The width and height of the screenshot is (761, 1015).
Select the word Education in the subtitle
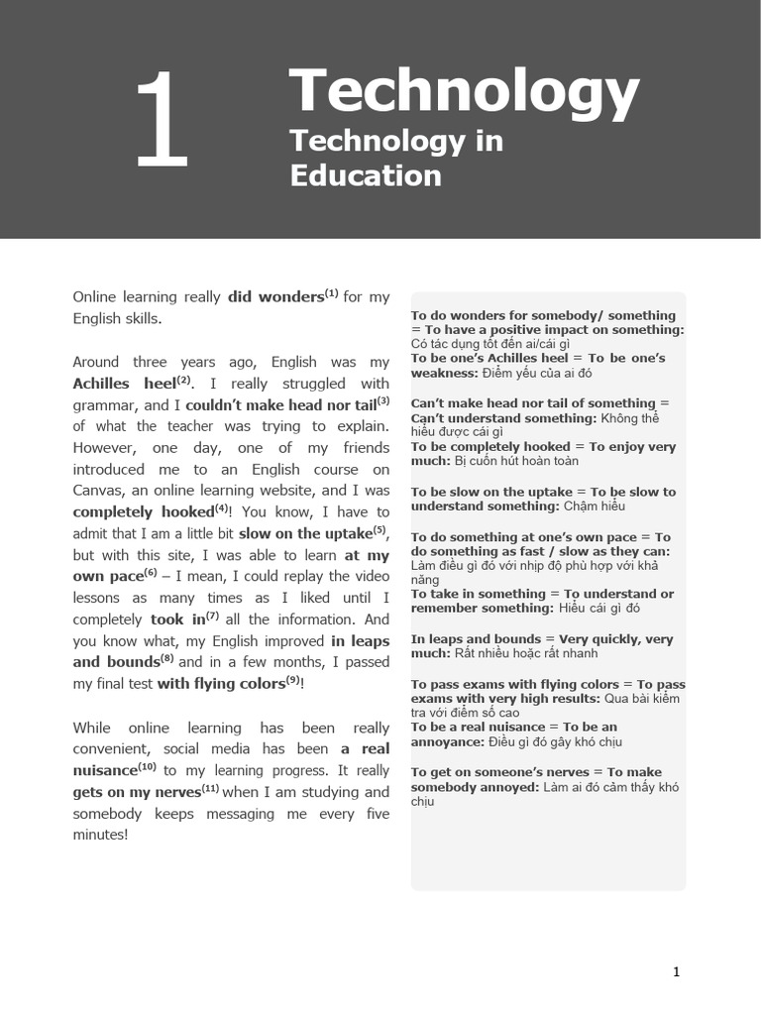click(365, 175)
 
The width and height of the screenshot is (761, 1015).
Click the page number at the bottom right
click(676, 972)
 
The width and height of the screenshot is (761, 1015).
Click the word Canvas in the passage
click(100, 491)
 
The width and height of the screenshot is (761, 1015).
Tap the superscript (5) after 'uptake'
click(380, 528)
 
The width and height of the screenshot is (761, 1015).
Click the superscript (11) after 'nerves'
click(210, 788)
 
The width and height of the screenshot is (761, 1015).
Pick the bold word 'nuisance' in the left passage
click(105, 770)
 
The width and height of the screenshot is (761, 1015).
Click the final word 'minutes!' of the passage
click(100, 835)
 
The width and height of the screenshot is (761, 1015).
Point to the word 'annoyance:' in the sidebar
click(446, 741)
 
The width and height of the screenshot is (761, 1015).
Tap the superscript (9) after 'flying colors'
click(293, 680)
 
